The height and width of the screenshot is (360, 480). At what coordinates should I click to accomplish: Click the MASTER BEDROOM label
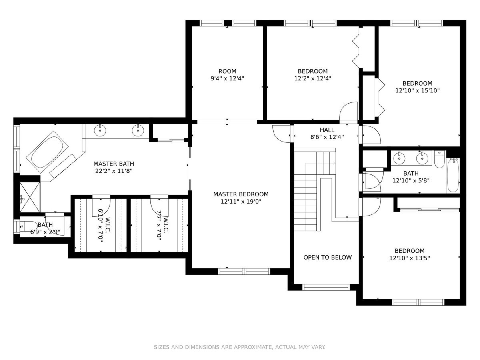pos(241,194)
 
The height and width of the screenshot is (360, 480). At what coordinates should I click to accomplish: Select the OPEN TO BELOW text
pos(327,257)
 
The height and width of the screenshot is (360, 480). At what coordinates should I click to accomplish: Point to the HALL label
pos(327,130)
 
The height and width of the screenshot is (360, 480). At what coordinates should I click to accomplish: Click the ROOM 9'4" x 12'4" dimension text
pos(227,78)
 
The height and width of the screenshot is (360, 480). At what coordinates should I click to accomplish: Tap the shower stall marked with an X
pos(30,197)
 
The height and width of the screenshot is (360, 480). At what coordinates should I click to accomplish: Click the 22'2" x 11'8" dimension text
pos(114,171)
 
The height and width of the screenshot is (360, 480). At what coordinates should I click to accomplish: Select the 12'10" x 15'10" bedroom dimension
pos(417,90)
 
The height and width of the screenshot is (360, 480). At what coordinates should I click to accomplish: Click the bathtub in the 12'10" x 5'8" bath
pos(453,175)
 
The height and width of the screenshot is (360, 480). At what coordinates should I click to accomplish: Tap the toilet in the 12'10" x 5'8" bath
pos(440,159)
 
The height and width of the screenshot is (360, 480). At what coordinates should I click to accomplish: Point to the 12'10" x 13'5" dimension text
pos(410,258)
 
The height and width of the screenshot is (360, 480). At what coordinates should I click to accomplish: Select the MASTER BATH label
pos(114,164)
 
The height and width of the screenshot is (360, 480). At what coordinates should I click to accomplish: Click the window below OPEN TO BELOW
pos(326,287)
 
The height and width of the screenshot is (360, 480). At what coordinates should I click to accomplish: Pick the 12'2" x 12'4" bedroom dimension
pos(313,78)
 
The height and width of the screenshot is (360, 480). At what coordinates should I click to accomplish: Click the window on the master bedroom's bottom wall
pos(244,271)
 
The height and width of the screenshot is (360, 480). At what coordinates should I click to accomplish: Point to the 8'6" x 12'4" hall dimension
pos(327,137)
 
